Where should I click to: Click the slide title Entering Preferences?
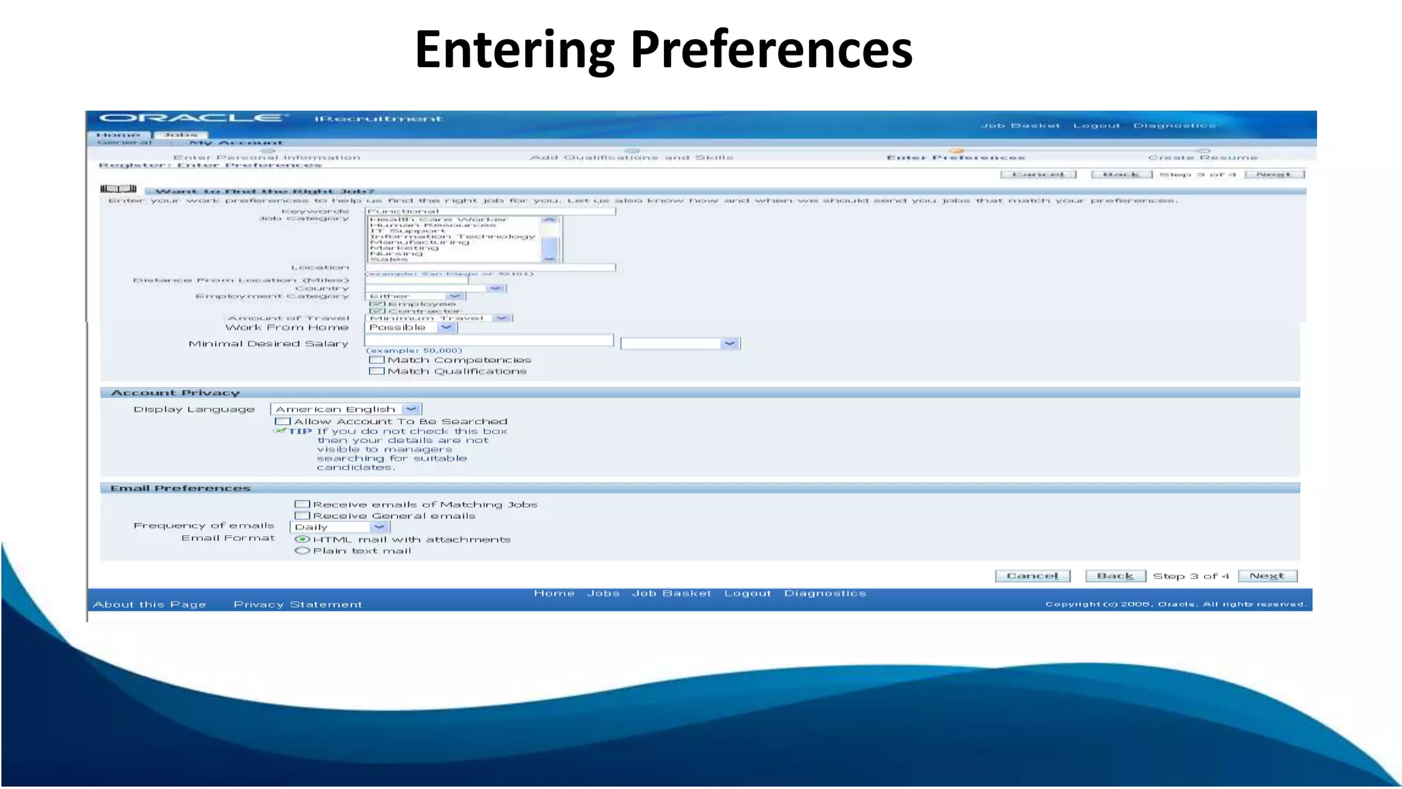click(x=663, y=49)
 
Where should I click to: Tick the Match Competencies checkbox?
click(x=376, y=360)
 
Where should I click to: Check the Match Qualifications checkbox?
click(x=376, y=371)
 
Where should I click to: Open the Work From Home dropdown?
click(x=446, y=327)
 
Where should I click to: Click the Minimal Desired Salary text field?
click(x=489, y=340)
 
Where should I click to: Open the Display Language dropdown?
click(x=411, y=409)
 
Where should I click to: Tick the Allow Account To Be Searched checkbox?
click(x=283, y=421)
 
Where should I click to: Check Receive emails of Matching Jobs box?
click(x=302, y=504)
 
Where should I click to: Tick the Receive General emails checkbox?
click(x=302, y=516)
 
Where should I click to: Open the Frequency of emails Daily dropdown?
click(x=379, y=527)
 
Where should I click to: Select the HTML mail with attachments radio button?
click(x=302, y=539)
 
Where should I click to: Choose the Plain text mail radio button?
click(x=302, y=551)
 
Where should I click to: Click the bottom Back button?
click(x=1115, y=576)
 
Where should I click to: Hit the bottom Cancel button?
click(x=1032, y=576)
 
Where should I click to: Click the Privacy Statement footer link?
click(x=298, y=604)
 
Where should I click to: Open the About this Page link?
click(x=149, y=604)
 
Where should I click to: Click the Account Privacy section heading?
click(x=175, y=392)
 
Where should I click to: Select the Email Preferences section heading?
click(x=181, y=488)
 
